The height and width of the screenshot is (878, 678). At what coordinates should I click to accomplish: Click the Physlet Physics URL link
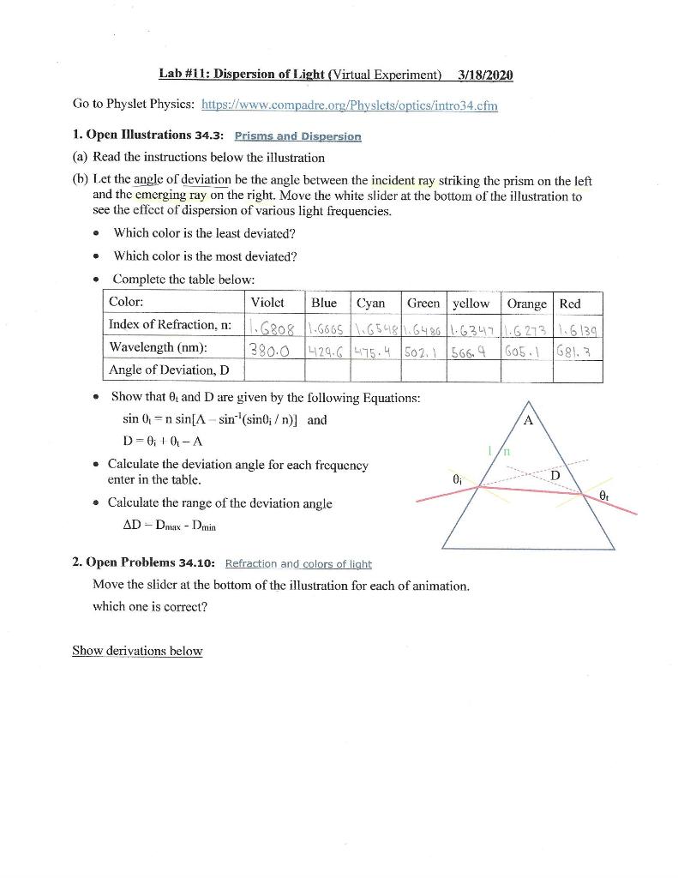pyautogui.click(x=349, y=105)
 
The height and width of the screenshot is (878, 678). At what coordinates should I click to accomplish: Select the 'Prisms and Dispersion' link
pyautogui.click(x=297, y=135)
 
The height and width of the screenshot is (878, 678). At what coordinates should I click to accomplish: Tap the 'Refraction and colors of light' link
pyautogui.click(x=297, y=563)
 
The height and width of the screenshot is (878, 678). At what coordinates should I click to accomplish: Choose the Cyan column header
pyautogui.click(x=370, y=303)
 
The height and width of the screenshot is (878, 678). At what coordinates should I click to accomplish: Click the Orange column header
pyautogui.click(x=527, y=304)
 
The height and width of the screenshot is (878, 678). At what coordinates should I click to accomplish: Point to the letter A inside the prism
pyautogui.click(x=528, y=421)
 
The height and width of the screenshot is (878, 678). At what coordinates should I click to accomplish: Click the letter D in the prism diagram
pyautogui.click(x=555, y=474)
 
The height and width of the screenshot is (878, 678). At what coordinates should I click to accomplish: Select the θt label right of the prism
pyautogui.click(x=605, y=495)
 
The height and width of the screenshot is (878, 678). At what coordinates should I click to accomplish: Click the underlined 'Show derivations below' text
pyautogui.click(x=137, y=651)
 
